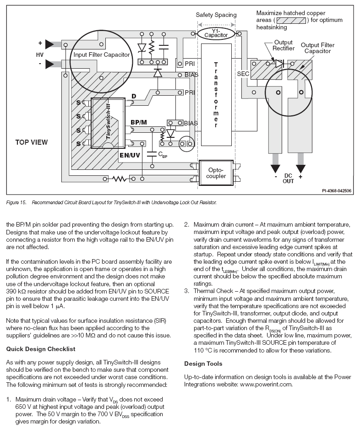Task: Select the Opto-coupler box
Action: [x=216, y=173]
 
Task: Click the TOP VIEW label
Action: [x=32, y=142]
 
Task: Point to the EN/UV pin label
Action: [x=130, y=155]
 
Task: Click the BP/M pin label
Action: [x=138, y=122]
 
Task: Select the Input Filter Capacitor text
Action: [x=102, y=55]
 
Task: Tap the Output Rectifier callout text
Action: [x=284, y=45]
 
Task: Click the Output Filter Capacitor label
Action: [x=317, y=48]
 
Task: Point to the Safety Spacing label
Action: [x=216, y=15]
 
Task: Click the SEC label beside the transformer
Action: [x=243, y=74]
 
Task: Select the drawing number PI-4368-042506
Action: [x=337, y=191]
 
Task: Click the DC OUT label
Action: [x=288, y=179]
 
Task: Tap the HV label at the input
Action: [x=40, y=55]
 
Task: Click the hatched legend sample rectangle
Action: [x=291, y=20]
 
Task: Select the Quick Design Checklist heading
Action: [x=40, y=349]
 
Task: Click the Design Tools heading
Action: [x=203, y=364]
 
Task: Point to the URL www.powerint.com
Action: [x=266, y=385]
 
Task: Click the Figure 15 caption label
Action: [x=16, y=203]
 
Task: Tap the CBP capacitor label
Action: [x=163, y=155]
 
